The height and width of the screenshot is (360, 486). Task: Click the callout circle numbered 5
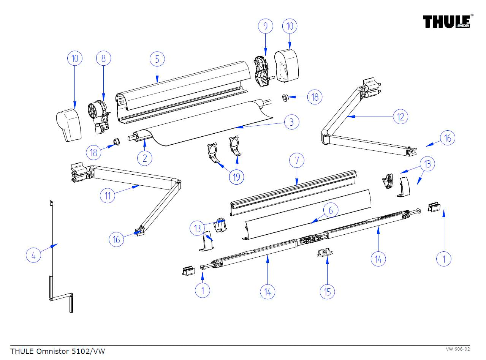pyautogui.click(x=157, y=59)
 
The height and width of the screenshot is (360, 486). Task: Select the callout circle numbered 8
pyautogui.click(x=103, y=58)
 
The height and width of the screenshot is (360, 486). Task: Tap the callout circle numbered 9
pyautogui.click(x=266, y=26)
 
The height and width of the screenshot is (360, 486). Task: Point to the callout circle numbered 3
pyautogui.click(x=291, y=122)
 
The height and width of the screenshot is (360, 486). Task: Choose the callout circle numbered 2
pyautogui.click(x=145, y=158)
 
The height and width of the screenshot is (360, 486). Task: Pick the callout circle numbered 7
pyautogui.click(x=297, y=161)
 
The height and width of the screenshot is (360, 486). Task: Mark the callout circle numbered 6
pyautogui.click(x=331, y=210)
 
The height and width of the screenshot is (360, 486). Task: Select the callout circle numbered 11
pyautogui.click(x=108, y=196)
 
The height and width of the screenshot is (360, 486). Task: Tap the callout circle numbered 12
pyautogui.click(x=401, y=117)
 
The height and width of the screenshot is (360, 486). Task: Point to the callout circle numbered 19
pyautogui.click(x=237, y=177)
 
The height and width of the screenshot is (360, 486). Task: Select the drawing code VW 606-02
pyautogui.click(x=458, y=349)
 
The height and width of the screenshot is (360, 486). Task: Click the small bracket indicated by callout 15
pyautogui.click(x=324, y=253)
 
